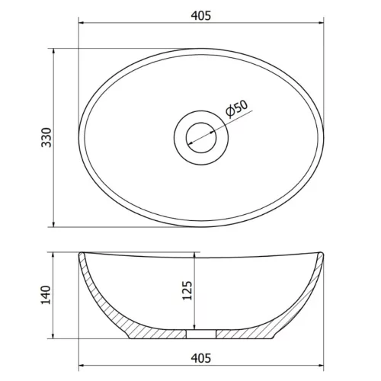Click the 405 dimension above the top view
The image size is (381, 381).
(201, 14)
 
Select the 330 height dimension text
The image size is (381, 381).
(45, 138)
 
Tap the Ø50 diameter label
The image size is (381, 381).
(237, 111)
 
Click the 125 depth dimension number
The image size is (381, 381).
(187, 291)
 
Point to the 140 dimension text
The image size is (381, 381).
(45, 295)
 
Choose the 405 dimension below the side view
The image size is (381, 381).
(201, 357)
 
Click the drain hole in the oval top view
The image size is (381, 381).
(202, 138)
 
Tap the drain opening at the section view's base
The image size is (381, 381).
(202, 333)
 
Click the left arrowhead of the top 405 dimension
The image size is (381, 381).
(83, 24)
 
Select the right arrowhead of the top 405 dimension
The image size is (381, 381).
(321, 24)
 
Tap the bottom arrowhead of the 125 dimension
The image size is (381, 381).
(197, 326)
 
